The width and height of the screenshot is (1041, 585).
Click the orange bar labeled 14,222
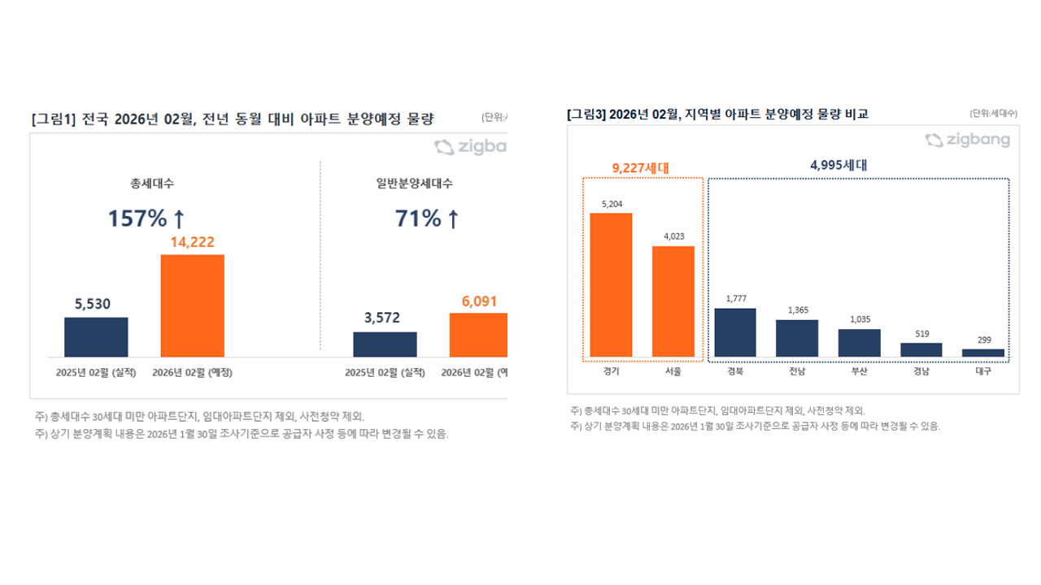[x=192, y=305]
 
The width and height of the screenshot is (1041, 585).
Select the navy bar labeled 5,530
[x=96, y=337]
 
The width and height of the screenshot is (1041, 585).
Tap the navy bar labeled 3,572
[x=385, y=344]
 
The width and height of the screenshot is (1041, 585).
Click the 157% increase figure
[x=146, y=218]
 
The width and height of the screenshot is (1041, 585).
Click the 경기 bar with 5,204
[x=611, y=285]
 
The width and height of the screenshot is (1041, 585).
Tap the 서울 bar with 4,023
[x=673, y=301]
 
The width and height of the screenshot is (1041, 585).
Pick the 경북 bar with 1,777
[x=735, y=332]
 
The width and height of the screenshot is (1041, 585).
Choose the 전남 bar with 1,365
[x=797, y=338]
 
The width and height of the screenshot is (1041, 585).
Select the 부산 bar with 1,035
[x=859, y=343]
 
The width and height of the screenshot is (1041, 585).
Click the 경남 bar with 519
[x=921, y=350]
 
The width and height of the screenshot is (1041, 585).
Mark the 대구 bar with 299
[x=982, y=353]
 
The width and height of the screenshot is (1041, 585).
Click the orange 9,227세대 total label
[x=640, y=168]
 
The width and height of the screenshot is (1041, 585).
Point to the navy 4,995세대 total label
[x=838, y=165]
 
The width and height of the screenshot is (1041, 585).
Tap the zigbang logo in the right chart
[x=968, y=141]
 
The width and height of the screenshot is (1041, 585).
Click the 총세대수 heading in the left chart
[x=146, y=184]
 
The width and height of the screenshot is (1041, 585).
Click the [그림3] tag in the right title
[x=586, y=115]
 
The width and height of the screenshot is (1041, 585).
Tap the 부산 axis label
[x=859, y=372]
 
